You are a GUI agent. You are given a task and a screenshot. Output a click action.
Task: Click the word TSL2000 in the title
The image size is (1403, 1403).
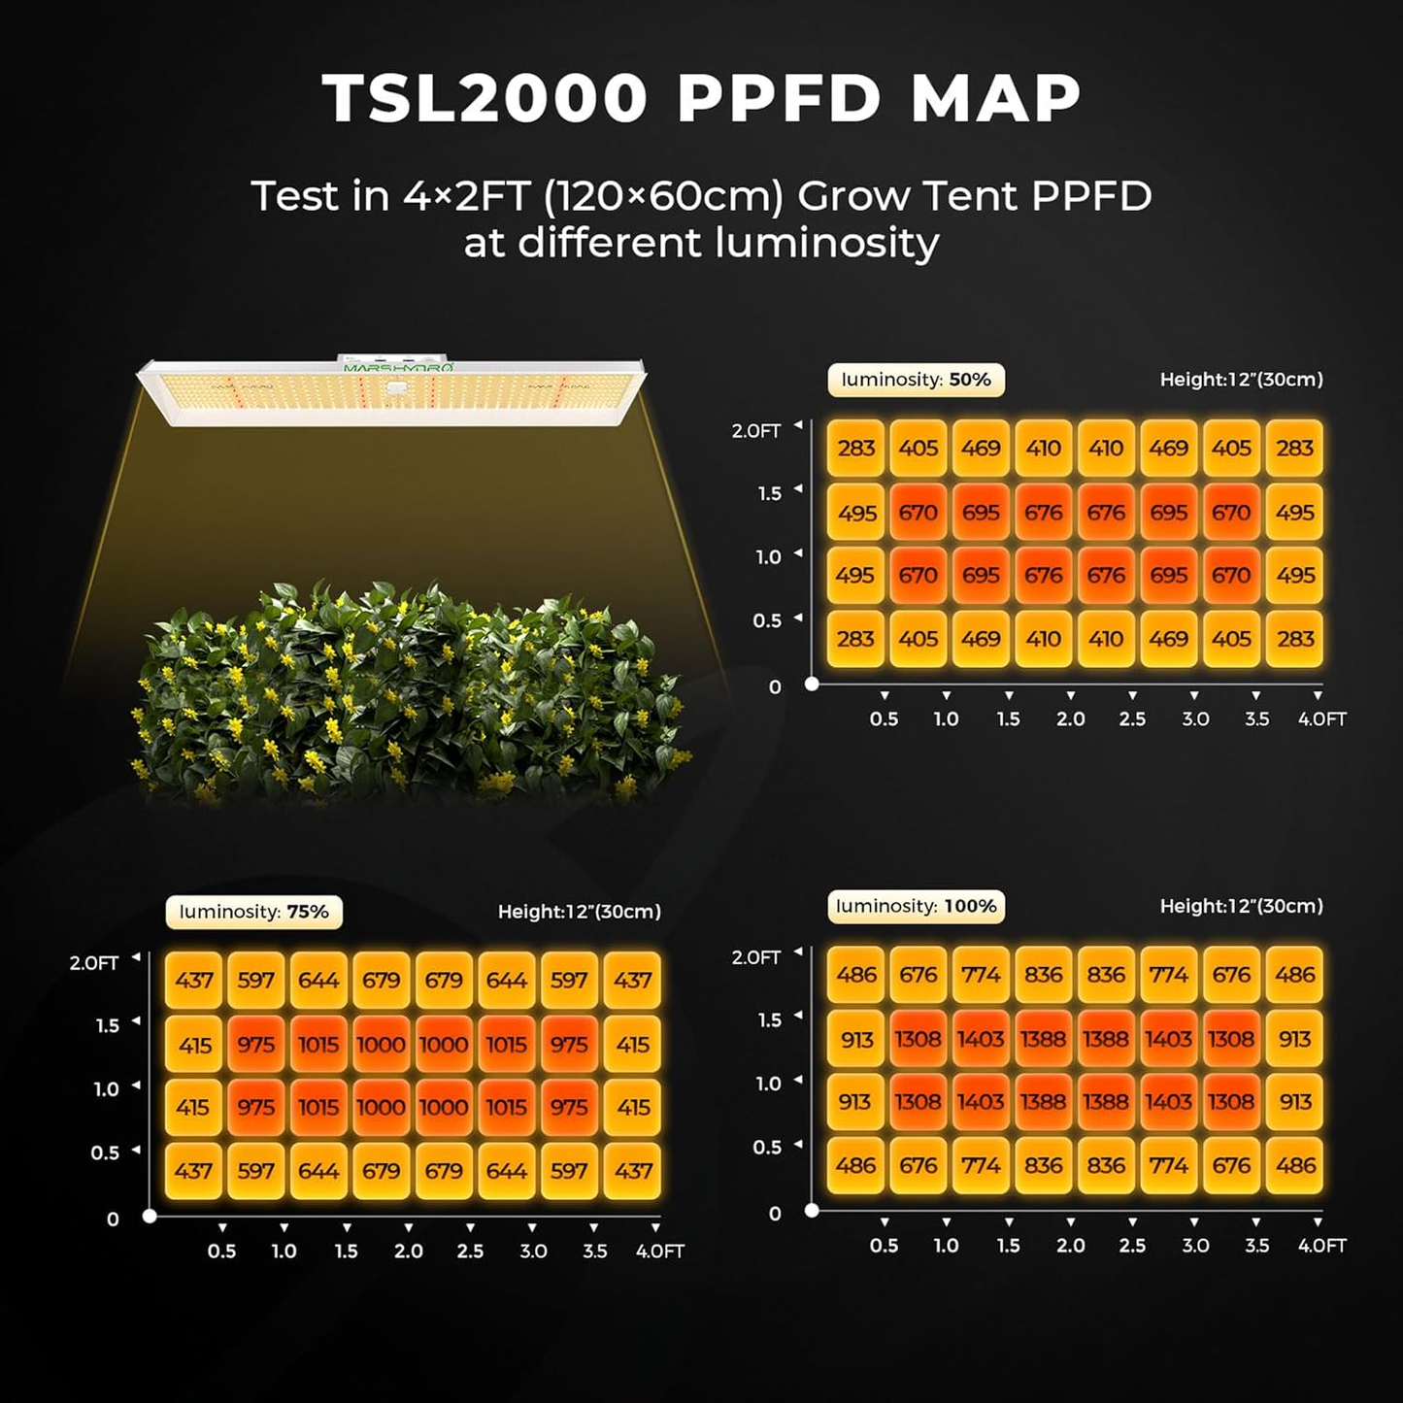tap(484, 98)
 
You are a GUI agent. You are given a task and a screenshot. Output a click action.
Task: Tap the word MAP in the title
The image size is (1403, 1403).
tap(996, 98)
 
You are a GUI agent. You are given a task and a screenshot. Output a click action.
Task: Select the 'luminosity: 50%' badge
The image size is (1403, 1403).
tap(916, 380)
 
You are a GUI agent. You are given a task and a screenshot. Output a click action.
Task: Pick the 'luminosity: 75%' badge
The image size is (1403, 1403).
tap(253, 912)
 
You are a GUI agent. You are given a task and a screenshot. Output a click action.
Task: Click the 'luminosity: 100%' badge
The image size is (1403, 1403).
tap(916, 906)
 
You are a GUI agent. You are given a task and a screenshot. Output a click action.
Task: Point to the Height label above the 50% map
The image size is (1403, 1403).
tap(1241, 380)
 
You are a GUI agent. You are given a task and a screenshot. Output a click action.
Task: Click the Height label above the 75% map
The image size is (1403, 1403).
tap(579, 912)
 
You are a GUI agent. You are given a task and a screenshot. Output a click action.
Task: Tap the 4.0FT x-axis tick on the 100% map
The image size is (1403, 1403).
tap(1321, 1245)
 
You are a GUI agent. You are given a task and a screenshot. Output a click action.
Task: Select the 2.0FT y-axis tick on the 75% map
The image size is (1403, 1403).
tap(94, 963)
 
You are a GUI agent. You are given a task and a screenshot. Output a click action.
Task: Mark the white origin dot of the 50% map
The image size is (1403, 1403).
tap(812, 684)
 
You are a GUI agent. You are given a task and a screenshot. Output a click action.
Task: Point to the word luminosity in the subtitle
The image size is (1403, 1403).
tap(826, 242)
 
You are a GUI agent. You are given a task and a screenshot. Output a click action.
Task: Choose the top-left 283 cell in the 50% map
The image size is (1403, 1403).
tap(856, 449)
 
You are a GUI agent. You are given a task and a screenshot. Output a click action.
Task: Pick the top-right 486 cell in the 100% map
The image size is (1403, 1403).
tap(1294, 975)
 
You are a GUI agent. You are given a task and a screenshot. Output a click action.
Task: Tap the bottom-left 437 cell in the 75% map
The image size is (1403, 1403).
tap(194, 1171)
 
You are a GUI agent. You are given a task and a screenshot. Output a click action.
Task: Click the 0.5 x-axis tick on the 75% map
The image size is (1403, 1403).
tap(221, 1251)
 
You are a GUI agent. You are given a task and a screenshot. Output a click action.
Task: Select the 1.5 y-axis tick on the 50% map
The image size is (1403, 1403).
tap(770, 493)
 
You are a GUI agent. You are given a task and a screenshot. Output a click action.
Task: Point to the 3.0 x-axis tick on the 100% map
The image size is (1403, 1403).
tap(1195, 1245)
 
